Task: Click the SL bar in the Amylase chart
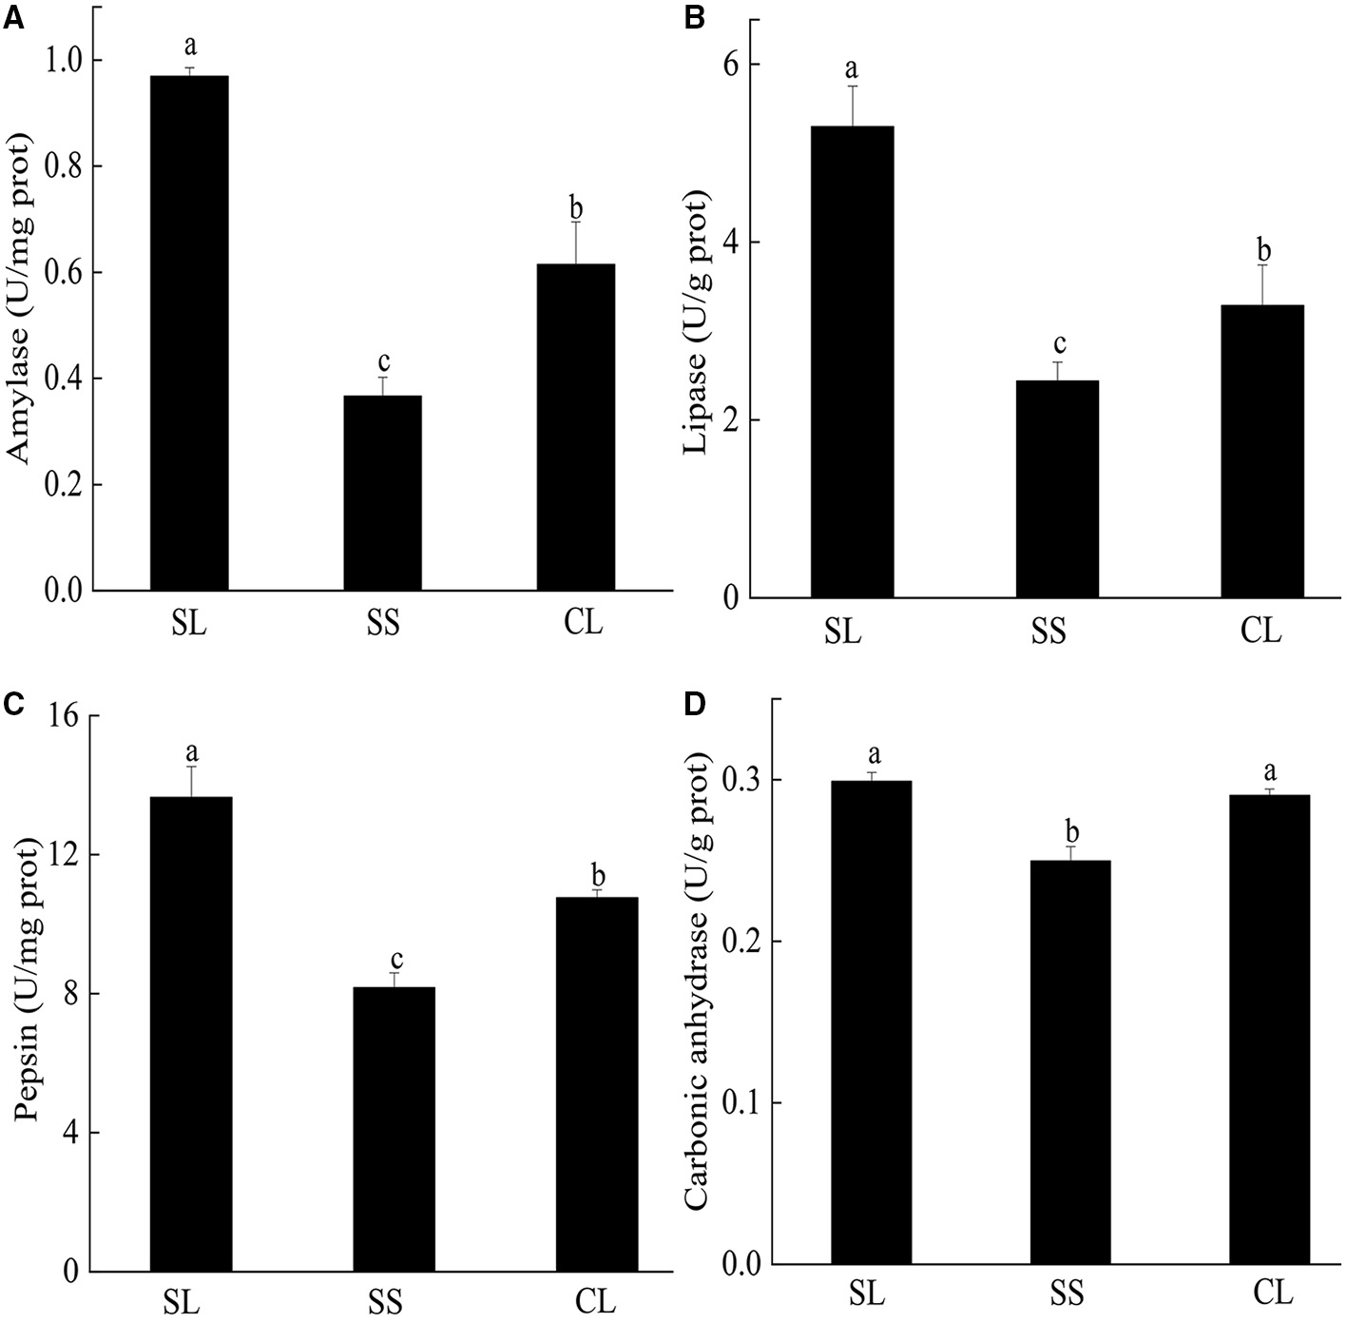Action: point(188,333)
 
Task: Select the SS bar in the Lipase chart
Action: point(1057,489)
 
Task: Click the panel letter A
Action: point(12,17)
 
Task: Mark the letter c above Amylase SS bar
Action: point(383,361)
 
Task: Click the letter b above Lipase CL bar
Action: point(1263,249)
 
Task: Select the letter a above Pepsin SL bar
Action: point(191,752)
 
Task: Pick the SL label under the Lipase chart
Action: point(842,631)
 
